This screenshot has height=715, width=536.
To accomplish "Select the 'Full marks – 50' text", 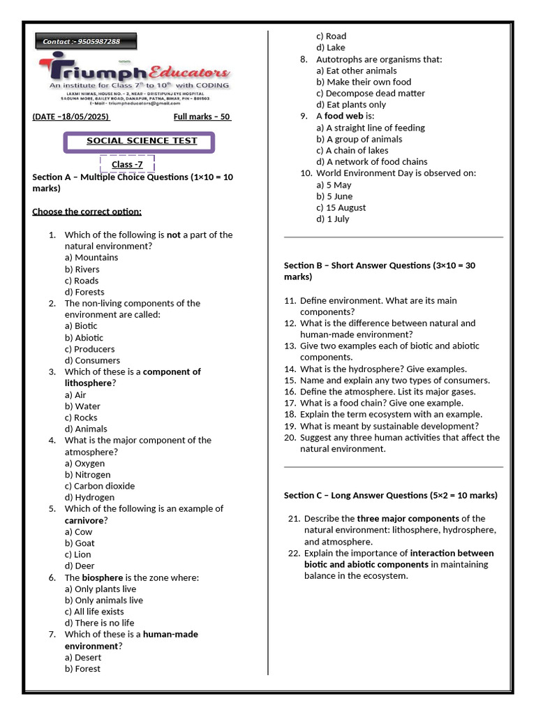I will pyautogui.click(x=202, y=117).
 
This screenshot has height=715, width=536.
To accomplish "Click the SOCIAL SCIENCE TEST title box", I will pyautogui.click(x=141, y=141).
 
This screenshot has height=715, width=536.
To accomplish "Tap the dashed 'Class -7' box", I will pyautogui.click(x=127, y=165).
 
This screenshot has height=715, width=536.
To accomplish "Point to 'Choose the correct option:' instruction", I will pyautogui.click(x=87, y=212).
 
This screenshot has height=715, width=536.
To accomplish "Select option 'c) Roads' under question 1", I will pyautogui.click(x=82, y=281).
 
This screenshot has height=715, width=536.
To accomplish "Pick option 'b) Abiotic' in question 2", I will pyautogui.click(x=84, y=337).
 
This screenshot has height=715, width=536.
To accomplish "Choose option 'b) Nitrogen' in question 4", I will pyautogui.click(x=87, y=475).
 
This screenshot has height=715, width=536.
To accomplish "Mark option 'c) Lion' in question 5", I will pyautogui.click(x=78, y=554).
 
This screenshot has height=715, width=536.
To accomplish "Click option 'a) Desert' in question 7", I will pyautogui.click(x=83, y=657).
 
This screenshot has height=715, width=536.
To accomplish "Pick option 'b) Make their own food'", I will pyautogui.click(x=364, y=82).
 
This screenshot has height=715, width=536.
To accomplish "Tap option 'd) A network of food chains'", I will pyautogui.click(x=371, y=161).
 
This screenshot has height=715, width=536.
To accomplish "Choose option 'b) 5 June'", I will pyautogui.click(x=334, y=196).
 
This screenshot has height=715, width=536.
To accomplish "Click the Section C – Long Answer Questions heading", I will pyautogui.click(x=390, y=495).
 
